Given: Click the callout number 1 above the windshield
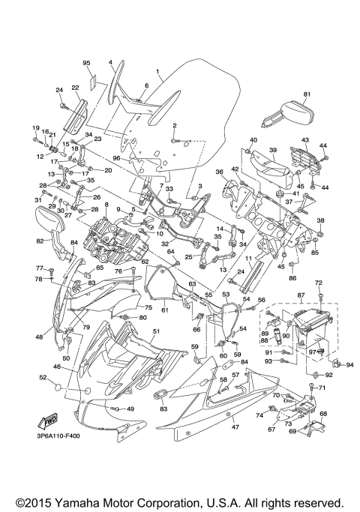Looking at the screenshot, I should [158, 73].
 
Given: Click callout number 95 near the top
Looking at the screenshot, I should [86, 62].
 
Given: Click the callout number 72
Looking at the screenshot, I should [318, 283].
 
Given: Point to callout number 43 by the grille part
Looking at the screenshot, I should [305, 139].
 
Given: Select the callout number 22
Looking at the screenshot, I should [75, 88].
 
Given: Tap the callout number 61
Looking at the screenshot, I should [164, 310].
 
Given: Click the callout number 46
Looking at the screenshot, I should [57, 367].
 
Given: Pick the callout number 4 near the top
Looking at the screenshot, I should [110, 62].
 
